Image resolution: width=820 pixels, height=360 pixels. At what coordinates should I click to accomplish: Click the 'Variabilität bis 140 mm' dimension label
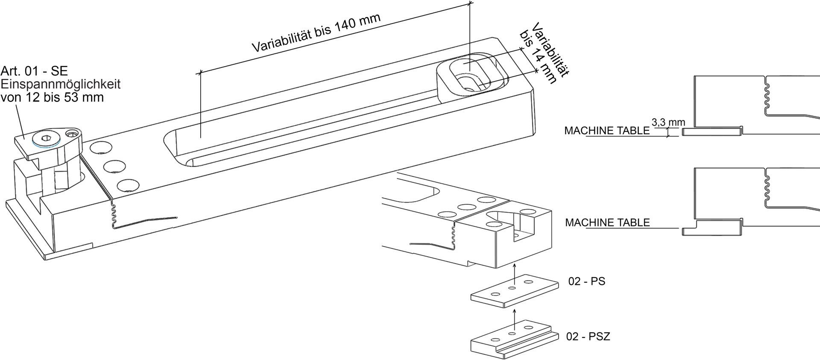(x=316, y=32)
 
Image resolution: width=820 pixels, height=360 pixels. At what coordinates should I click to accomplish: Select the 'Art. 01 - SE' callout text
(x=35, y=71)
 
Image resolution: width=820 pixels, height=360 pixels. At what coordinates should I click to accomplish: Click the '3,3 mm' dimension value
(x=668, y=122)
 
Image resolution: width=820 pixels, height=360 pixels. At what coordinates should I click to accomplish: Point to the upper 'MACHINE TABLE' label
(x=607, y=131)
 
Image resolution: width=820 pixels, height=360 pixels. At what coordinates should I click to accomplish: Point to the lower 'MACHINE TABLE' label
(x=607, y=222)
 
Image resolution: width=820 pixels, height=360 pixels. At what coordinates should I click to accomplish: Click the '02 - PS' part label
(x=586, y=282)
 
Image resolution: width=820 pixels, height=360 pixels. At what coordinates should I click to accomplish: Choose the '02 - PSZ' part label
(x=588, y=337)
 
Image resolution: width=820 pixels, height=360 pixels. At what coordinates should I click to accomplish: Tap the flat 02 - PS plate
(x=515, y=291)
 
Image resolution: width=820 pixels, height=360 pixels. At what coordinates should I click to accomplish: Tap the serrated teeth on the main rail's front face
(x=114, y=214)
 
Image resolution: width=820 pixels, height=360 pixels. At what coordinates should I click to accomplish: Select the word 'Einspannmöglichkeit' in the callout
(x=61, y=84)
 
